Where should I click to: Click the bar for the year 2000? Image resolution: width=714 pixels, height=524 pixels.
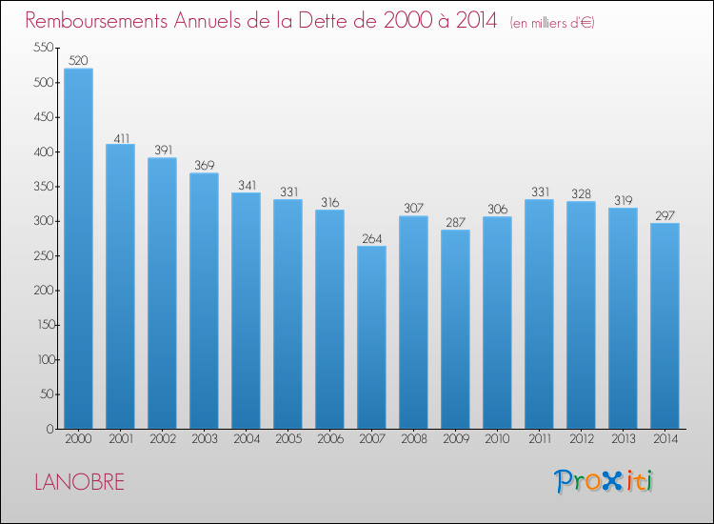click(x=78, y=249)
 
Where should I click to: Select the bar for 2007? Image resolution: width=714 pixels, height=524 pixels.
click(x=371, y=337)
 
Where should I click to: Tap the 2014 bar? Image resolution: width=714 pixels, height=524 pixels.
click(x=664, y=326)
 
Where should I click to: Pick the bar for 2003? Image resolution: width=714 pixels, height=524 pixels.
click(x=204, y=300)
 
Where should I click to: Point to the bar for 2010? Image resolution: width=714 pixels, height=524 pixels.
click(x=497, y=322)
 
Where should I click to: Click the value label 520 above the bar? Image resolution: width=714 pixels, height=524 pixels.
click(x=78, y=60)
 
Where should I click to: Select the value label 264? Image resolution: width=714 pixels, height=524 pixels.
click(x=371, y=237)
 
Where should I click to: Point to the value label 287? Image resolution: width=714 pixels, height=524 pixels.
click(x=455, y=221)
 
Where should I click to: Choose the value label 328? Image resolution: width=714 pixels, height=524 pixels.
click(x=581, y=193)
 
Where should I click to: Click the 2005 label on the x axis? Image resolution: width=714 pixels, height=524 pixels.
click(x=288, y=439)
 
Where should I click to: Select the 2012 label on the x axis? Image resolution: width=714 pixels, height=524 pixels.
click(x=581, y=439)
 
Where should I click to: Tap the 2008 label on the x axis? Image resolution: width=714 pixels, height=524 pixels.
click(x=413, y=439)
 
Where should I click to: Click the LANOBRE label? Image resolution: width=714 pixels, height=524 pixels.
click(x=79, y=482)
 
